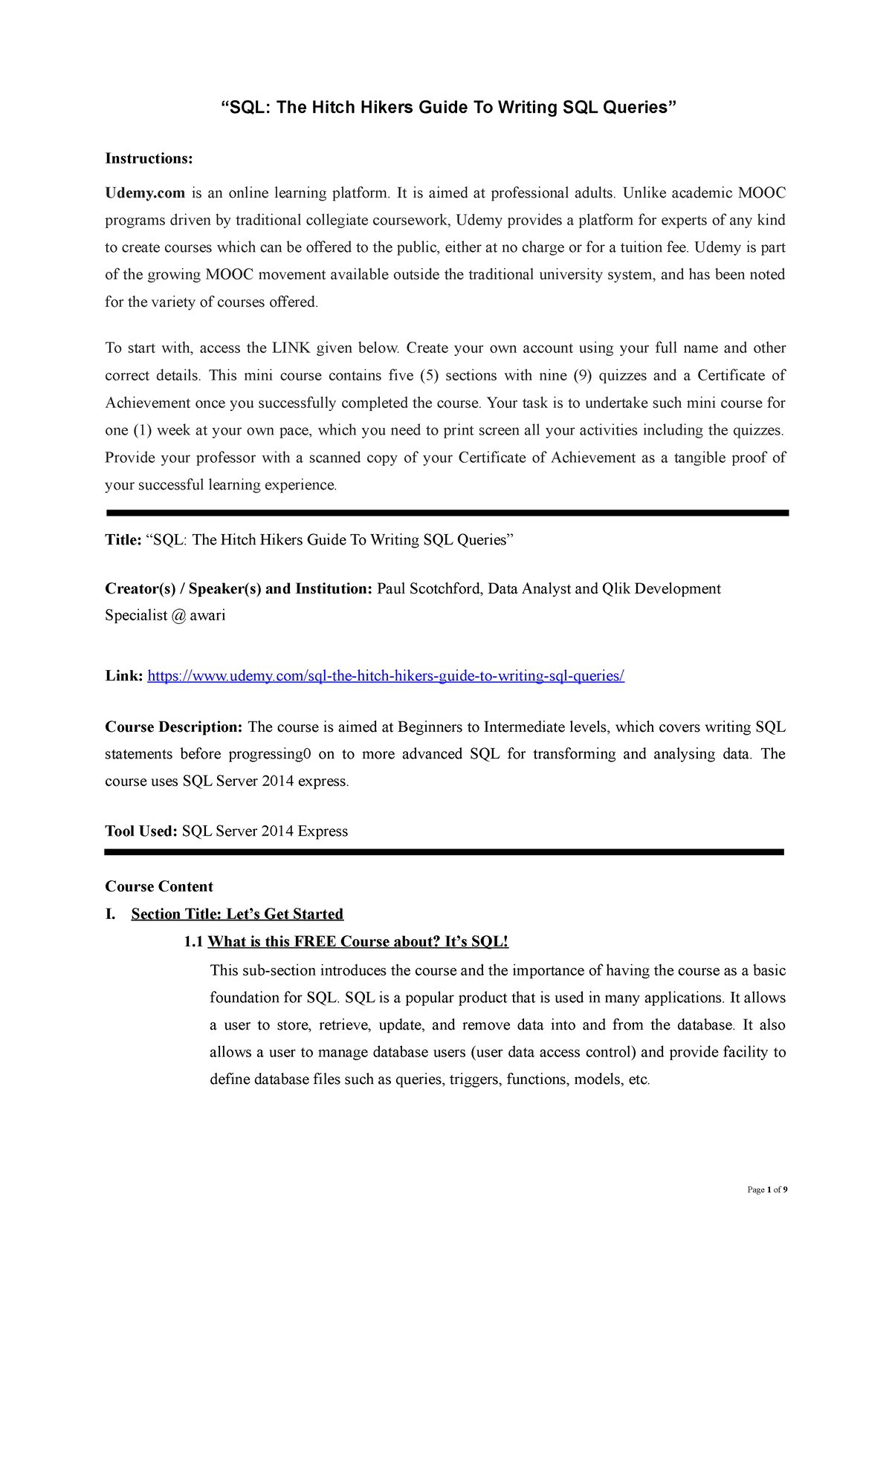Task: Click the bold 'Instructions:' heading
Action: coord(149,158)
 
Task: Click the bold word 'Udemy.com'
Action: coord(145,193)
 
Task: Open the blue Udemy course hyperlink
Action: coord(386,676)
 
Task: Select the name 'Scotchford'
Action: coord(445,589)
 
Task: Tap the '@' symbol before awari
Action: coord(178,616)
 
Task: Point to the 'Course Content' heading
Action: coord(159,887)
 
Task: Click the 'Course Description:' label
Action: coord(174,727)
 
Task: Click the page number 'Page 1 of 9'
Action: coord(767,1189)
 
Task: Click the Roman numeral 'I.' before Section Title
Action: coord(111,915)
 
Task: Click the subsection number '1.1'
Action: coord(193,942)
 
